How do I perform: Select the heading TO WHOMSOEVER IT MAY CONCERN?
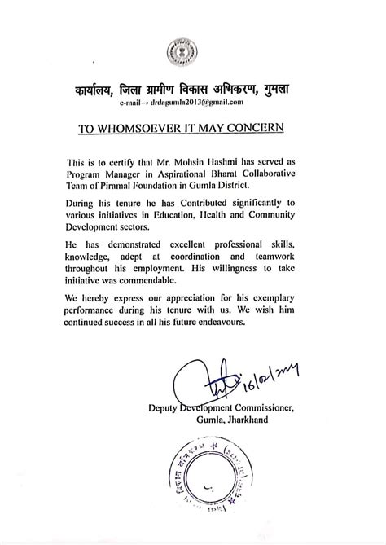pos(193,127)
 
